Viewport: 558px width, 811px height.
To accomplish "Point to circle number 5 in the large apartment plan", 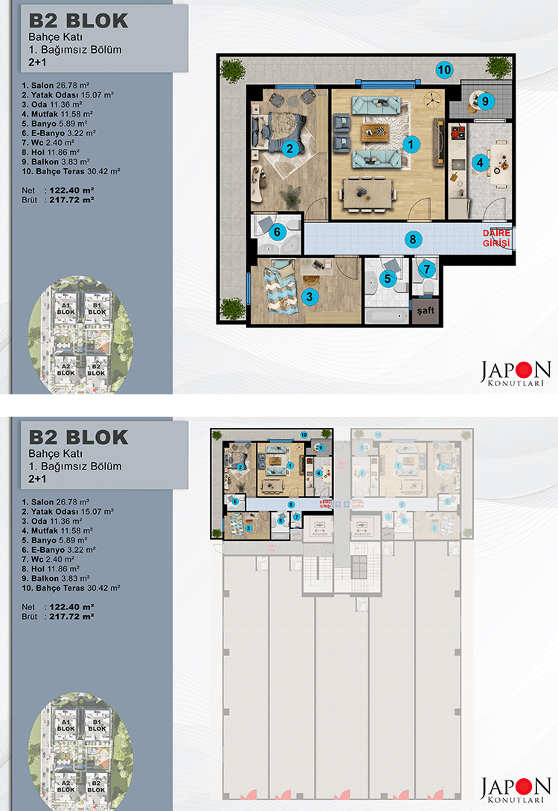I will [386, 278].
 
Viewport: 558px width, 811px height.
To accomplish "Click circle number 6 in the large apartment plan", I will [278, 232].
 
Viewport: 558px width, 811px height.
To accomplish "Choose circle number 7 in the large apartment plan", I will [426, 269].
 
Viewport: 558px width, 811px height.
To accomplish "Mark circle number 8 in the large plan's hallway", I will [411, 240].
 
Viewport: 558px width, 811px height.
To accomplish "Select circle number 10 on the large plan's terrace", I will [444, 70].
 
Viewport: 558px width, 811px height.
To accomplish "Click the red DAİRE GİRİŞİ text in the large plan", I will [497, 239].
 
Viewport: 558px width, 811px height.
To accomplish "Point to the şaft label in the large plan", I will [425, 311].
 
